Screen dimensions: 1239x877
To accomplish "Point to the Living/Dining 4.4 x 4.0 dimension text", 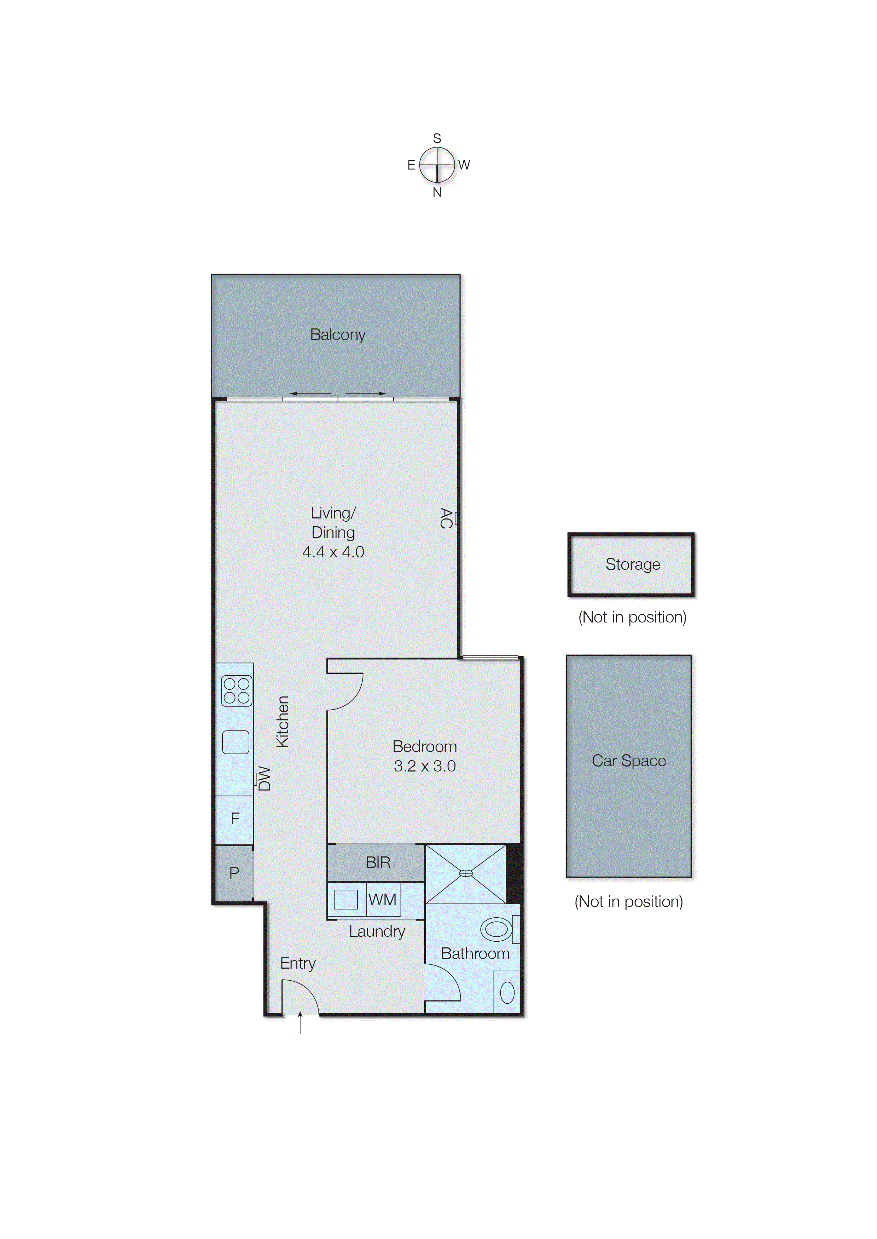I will coord(333,552).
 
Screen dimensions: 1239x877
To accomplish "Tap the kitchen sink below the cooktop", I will coord(236,742).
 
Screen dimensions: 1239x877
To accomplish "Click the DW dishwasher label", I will coord(265,778).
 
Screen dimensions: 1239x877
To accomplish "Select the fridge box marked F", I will coord(235,819).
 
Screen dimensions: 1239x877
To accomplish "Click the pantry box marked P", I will coord(234,873).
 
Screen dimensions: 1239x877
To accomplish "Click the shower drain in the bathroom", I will coord(465,873).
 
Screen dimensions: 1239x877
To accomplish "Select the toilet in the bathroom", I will coord(497,929).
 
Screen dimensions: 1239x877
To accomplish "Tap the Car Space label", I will coord(629,761).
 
